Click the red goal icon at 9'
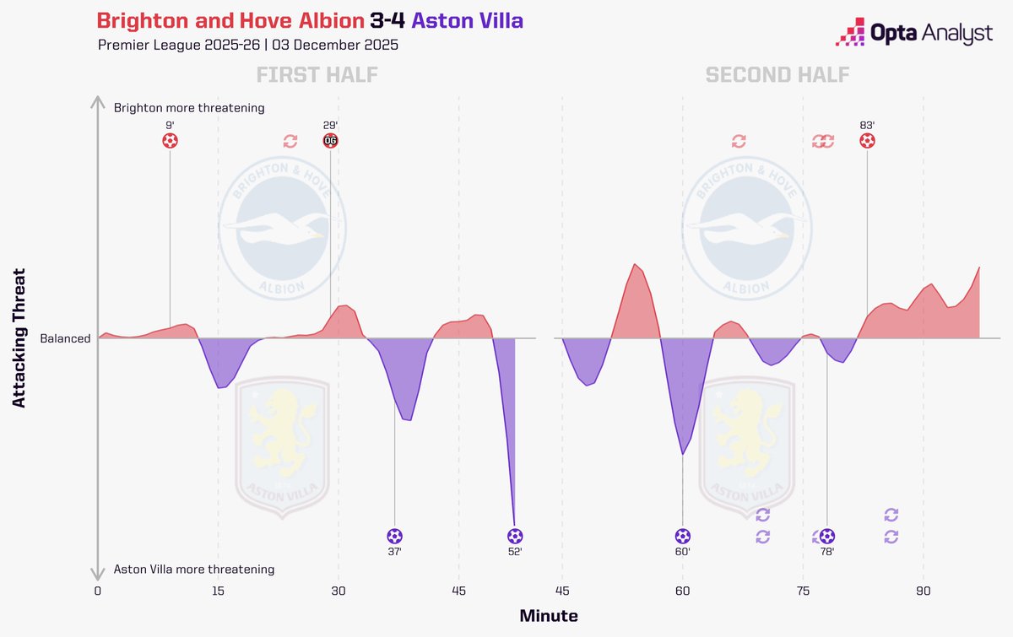pos(170,141)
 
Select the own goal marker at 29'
pos(330,141)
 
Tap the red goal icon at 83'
pos(867,141)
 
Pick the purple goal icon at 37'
pos(394,536)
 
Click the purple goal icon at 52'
pos(515,536)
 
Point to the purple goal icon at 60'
pos(682,536)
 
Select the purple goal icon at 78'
pos(827,536)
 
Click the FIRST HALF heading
pos(317,75)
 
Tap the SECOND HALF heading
pos(777,75)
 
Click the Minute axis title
pos(549,616)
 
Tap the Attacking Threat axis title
pos(19,338)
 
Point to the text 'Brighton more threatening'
pos(189,108)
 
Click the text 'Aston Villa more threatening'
pos(193,570)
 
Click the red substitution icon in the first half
pos(290,141)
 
